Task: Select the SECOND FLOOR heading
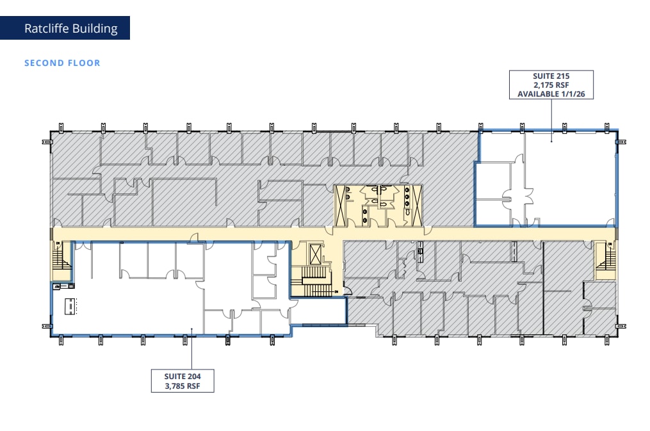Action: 62,63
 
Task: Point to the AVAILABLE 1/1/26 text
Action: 551,94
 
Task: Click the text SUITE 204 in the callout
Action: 183,376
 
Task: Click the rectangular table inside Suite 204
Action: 69,306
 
